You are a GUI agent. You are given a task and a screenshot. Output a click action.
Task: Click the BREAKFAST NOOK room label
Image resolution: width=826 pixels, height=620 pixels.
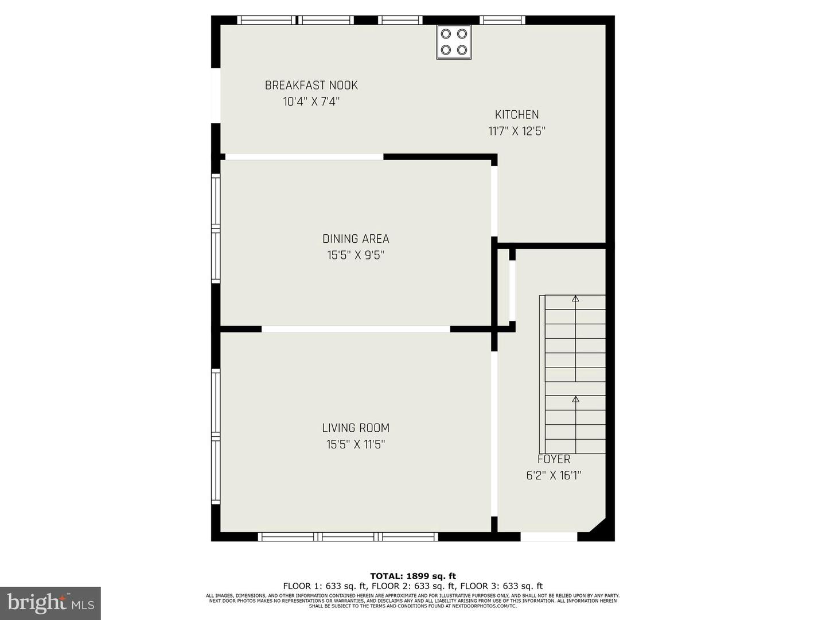311,86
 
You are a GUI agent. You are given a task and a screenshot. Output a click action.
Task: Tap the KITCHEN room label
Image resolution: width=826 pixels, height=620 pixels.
517,115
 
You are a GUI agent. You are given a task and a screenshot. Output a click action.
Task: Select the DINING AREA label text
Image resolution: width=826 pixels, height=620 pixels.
356,239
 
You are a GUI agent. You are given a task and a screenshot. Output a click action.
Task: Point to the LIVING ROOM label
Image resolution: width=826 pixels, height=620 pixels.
356,428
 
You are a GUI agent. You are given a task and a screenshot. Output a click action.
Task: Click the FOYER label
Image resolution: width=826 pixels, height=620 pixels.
554,459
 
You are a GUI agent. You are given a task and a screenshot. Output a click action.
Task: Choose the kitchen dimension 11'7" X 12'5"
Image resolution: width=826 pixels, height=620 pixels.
517,131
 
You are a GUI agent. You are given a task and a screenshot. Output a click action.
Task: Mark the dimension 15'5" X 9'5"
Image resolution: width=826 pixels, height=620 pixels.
356,255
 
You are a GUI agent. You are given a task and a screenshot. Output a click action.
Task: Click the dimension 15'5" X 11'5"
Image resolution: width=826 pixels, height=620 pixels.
356,444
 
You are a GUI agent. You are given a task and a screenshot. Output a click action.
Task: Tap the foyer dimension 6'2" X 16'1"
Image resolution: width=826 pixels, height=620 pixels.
554,475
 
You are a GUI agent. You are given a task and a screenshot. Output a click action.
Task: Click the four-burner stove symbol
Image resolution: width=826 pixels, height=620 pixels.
454,42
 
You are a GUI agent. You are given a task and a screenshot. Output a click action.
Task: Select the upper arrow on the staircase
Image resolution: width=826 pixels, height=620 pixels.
575,299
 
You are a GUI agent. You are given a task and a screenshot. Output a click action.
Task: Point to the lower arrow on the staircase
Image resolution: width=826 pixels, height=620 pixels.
575,399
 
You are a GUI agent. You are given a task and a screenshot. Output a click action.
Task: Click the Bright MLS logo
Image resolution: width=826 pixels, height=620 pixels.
50,603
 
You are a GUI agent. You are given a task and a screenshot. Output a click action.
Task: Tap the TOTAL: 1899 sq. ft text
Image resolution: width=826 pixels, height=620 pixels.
413,576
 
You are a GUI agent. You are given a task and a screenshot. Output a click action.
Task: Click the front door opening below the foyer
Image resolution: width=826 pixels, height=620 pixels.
548,537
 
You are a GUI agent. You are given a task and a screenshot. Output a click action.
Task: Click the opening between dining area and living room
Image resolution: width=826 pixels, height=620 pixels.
356,329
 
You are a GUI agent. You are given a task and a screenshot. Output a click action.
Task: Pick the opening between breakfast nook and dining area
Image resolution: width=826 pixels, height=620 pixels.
304,157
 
